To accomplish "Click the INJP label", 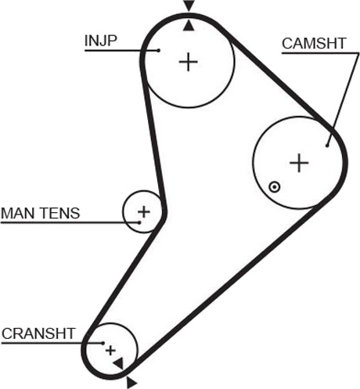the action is click(101, 41).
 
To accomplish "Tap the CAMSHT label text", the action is click(314, 44).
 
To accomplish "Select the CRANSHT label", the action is click(38, 333).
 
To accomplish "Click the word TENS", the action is click(60, 213).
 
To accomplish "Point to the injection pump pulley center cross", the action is click(188, 62).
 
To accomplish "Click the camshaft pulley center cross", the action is click(299, 163).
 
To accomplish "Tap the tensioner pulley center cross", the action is click(144, 211).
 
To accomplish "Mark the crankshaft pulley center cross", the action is click(110, 351).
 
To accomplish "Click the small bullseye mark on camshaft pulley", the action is click(275, 187).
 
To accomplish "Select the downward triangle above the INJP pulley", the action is click(189, 5).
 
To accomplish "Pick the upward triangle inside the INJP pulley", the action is click(189, 27).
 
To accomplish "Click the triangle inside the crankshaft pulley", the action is click(119, 363).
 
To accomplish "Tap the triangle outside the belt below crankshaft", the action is click(131, 383).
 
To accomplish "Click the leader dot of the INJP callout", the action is click(158, 50).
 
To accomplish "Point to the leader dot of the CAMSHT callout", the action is click(327, 146).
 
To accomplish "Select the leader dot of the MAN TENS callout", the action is click(139, 222).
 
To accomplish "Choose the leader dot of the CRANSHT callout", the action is click(103, 343).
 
